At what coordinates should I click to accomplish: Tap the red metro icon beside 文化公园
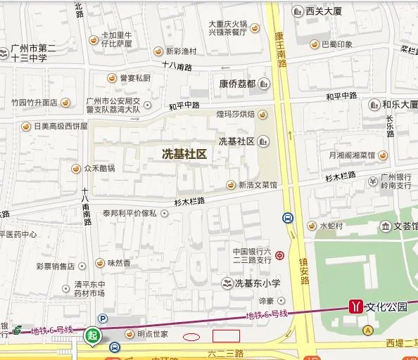357,307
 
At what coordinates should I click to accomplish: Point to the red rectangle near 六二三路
226,336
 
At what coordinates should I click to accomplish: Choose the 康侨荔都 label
236,83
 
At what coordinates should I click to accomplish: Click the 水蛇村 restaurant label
331,226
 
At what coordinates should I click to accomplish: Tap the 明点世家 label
152,334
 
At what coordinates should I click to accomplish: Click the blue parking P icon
103,318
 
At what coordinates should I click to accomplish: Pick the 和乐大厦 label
400,105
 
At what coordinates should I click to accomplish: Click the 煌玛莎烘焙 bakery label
236,114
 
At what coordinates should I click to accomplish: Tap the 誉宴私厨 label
134,78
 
